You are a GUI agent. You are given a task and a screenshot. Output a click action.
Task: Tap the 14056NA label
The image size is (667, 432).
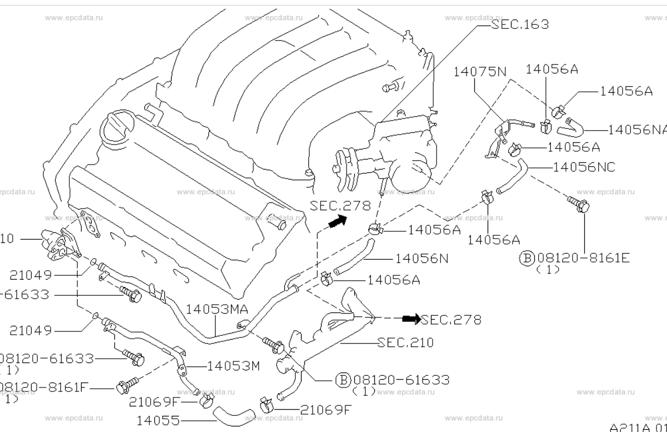[x=636, y=130]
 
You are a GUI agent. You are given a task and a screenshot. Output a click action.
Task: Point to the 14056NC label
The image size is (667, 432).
[x=584, y=167]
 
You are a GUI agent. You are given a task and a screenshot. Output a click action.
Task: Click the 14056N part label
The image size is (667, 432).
[x=422, y=259]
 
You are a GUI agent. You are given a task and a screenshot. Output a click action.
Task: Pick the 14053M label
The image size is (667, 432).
[x=233, y=366]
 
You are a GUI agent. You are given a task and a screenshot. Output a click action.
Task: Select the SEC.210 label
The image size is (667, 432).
[x=405, y=342]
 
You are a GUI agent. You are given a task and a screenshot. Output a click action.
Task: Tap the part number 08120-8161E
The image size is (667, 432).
[x=583, y=258]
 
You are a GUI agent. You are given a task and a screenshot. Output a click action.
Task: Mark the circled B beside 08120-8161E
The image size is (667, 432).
[x=526, y=258]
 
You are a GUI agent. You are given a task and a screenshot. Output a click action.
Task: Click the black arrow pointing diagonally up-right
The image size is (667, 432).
[x=337, y=222]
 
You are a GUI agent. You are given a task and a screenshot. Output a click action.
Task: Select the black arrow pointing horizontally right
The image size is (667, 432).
[x=412, y=319]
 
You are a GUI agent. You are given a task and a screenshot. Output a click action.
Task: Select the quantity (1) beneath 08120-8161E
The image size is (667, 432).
[x=548, y=270]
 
